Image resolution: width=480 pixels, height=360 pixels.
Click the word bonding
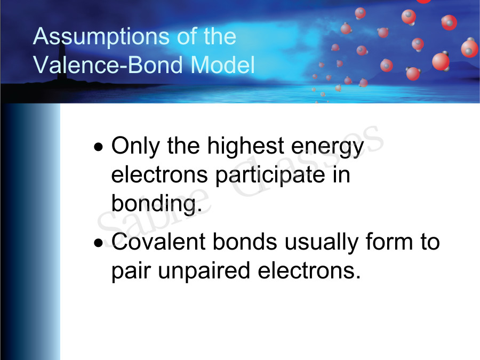click(156, 205)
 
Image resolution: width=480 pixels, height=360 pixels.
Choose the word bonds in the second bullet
click(245, 242)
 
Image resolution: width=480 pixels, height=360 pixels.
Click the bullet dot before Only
click(98, 147)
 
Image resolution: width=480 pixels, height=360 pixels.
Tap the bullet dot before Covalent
click(98, 243)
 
